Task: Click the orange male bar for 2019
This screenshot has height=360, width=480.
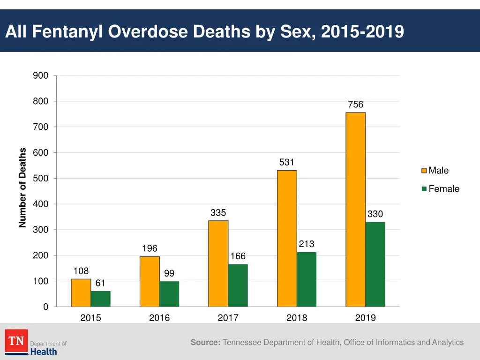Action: point(356,210)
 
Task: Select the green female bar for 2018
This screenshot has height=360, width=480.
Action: point(307,279)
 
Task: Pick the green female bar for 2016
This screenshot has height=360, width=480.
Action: point(169,294)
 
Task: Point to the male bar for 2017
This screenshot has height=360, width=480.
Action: point(218,263)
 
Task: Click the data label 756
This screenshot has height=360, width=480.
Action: point(356,105)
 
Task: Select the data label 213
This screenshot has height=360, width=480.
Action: point(307,244)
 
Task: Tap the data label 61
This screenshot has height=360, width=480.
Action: point(100,283)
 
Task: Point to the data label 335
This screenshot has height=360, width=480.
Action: point(218,213)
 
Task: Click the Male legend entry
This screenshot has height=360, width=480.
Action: point(438,171)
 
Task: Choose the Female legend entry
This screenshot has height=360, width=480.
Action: point(443,189)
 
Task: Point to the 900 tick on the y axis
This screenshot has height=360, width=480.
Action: point(40,75)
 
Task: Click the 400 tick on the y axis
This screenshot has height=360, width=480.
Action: point(40,204)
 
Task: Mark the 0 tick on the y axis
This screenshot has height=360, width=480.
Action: point(45,307)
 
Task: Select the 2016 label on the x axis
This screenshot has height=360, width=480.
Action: point(159,318)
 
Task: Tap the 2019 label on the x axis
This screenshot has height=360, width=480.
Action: point(365,318)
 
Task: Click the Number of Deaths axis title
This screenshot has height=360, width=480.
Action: point(22,187)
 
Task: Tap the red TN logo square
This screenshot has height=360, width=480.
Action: point(16,341)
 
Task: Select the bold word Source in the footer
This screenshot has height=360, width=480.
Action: point(205,343)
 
